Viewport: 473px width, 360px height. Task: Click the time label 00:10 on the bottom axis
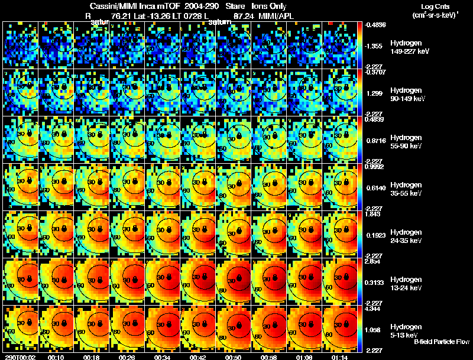click(57, 357)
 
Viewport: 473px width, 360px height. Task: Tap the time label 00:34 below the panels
click(164, 357)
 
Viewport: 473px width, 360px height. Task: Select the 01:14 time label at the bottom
click(341, 357)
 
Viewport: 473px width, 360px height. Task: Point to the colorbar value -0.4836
click(375, 24)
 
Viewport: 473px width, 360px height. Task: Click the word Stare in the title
click(235, 6)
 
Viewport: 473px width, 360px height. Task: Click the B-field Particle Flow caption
click(442, 342)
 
